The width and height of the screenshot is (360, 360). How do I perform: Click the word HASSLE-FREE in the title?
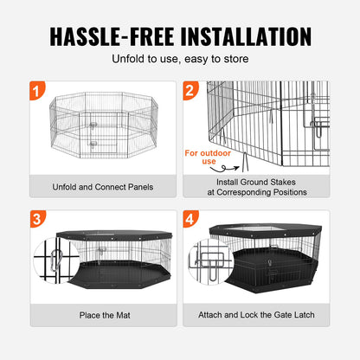111,36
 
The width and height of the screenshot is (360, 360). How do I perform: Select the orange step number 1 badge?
33,90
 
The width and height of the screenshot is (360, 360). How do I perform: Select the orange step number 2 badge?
190,90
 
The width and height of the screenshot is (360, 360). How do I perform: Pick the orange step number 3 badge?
33,220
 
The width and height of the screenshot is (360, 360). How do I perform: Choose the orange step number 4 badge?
190,220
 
